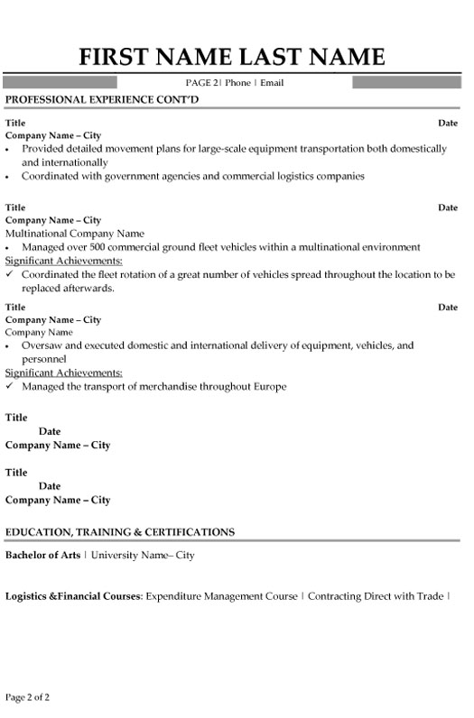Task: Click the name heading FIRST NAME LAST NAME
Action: click(233, 57)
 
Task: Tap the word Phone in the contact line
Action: click(237, 82)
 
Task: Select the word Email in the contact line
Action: click(273, 82)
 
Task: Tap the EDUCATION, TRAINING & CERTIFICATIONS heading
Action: click(120, 531)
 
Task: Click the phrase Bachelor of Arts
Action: click(42, 555)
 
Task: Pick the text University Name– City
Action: click(143, 555)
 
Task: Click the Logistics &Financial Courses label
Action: click(73, 596)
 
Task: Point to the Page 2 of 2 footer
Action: click(28, 698)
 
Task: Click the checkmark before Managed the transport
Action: click(10, 386)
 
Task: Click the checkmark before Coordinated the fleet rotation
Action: click(10, 272)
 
